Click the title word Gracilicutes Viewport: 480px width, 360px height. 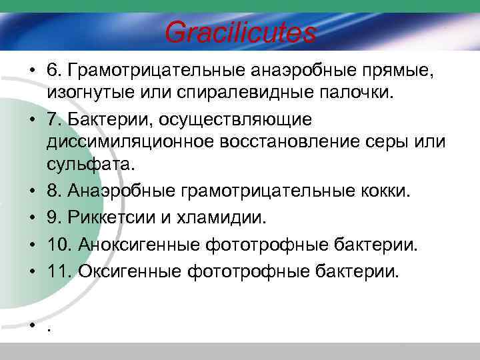(x=240, y=32)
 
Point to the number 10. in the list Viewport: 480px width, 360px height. (x=59, y=245)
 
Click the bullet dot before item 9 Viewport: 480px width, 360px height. (x=32, y=218)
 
